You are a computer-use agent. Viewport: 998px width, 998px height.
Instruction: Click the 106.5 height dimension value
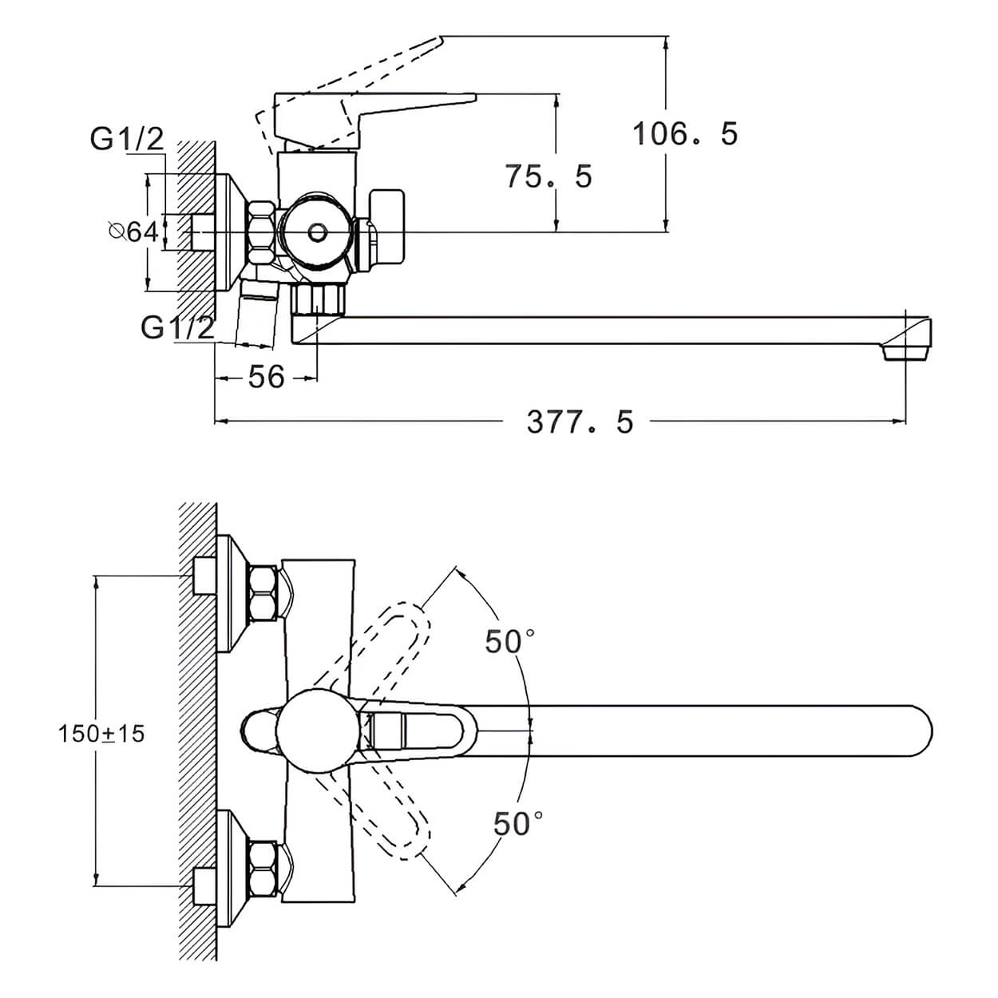coord(685,133)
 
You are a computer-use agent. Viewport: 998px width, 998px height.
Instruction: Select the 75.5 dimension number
coord(549,176)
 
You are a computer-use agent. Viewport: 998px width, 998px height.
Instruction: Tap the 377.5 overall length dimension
coord(580,422)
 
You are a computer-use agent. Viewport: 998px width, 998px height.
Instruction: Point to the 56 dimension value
coord(266,377)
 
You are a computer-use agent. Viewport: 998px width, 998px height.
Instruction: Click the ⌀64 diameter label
coord(134,232)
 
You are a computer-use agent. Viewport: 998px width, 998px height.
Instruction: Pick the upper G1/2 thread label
coord(127,139)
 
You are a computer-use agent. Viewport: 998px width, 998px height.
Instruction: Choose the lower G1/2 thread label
coord(177,327)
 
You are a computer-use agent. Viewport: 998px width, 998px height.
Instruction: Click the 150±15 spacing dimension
coord(101,734)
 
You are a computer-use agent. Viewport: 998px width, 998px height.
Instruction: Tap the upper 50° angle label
coord(510,642)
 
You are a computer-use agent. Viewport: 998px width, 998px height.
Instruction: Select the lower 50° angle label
coord(518,824)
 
